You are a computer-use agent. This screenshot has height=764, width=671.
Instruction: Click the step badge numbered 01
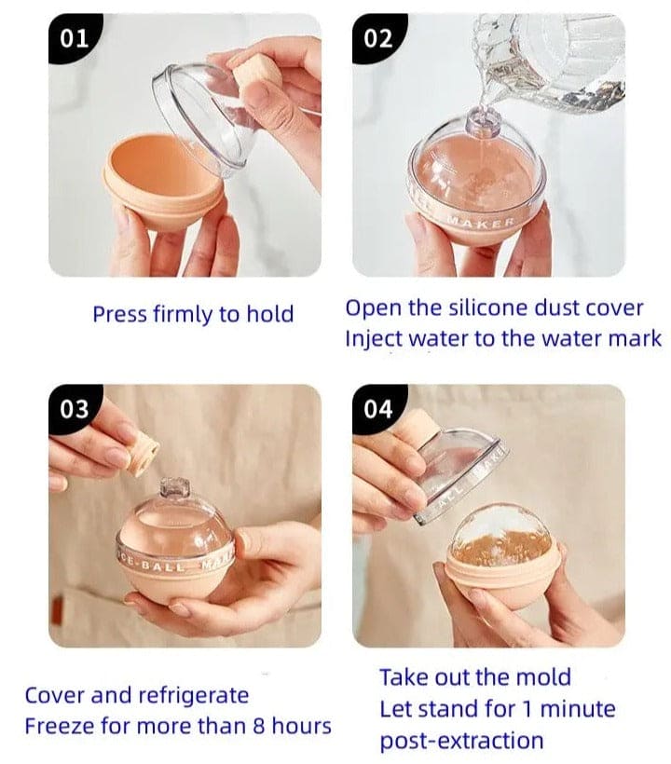pos(74,38)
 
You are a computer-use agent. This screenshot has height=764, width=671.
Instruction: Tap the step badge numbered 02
pos(378,38)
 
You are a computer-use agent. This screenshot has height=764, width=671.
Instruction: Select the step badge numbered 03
pos(74,409)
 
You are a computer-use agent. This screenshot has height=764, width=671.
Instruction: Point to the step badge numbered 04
pos(378,409)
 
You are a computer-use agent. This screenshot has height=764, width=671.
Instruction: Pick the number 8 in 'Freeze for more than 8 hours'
pos(259,726)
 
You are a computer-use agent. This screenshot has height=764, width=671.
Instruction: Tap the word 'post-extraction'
pos(461,741)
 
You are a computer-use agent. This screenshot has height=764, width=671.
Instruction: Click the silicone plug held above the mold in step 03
pos(143,452)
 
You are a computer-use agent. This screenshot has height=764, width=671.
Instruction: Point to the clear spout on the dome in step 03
pos(175,487)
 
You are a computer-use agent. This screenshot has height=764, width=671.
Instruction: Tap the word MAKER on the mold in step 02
pos(481,224)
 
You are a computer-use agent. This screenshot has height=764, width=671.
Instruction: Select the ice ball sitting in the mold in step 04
pos(501,535)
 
